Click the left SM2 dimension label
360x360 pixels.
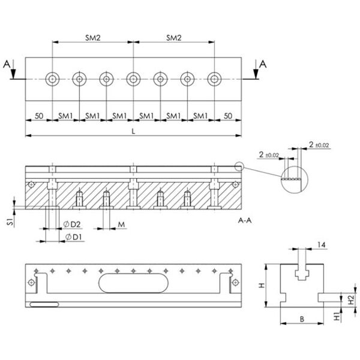tap(92, 38)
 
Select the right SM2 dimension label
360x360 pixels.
tap(173, 38)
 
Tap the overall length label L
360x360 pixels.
tap(133, 130)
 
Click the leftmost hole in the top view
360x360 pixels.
tap(52, 79)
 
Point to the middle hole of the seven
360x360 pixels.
tap(133, 79)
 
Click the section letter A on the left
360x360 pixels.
tap(7, 65)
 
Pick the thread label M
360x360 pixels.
tap(121, 224)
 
